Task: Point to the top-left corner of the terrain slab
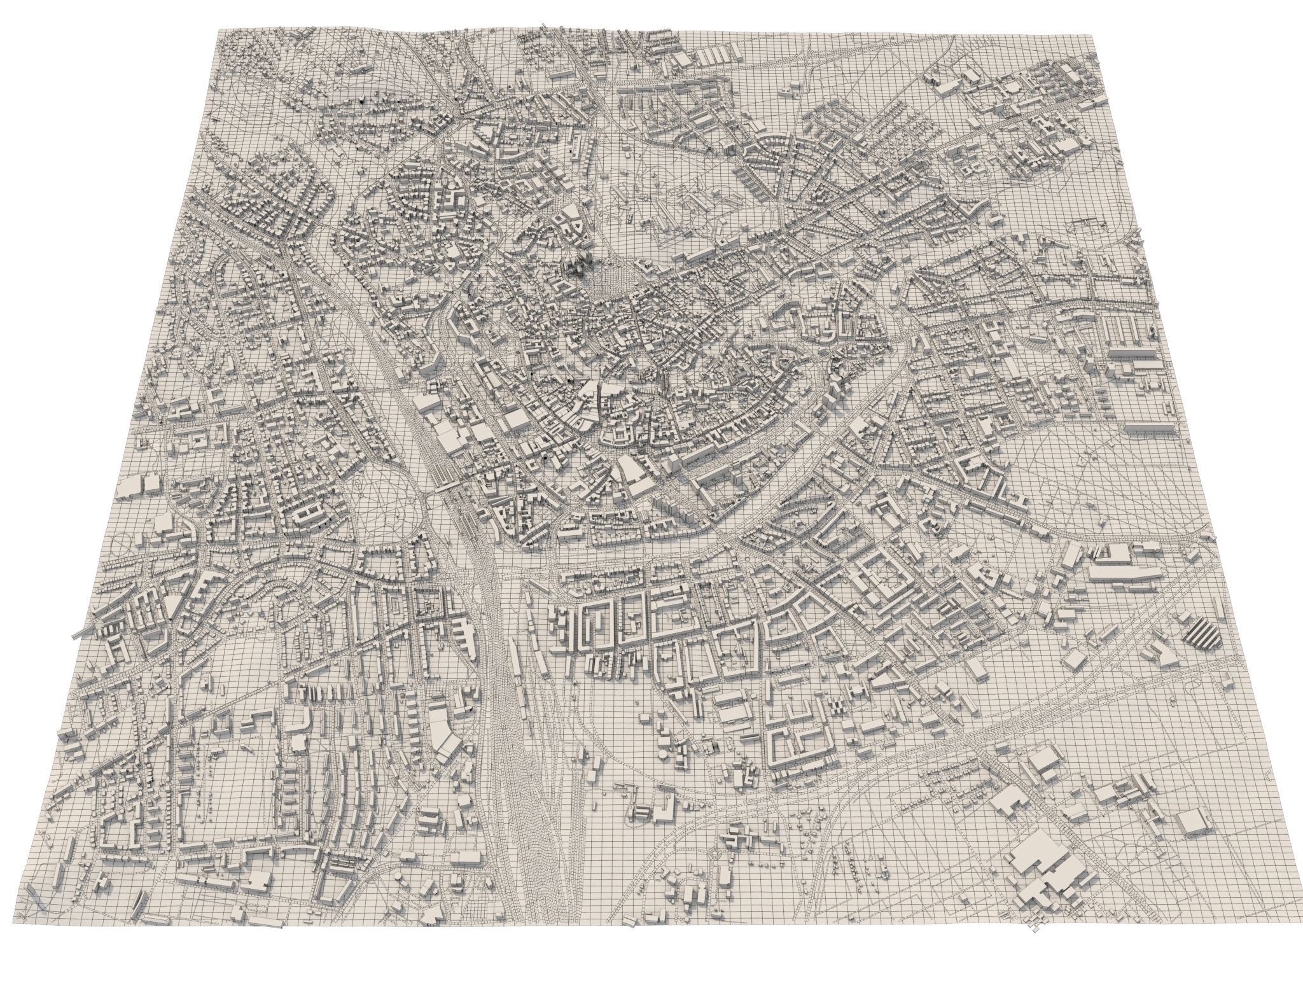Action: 218,30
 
